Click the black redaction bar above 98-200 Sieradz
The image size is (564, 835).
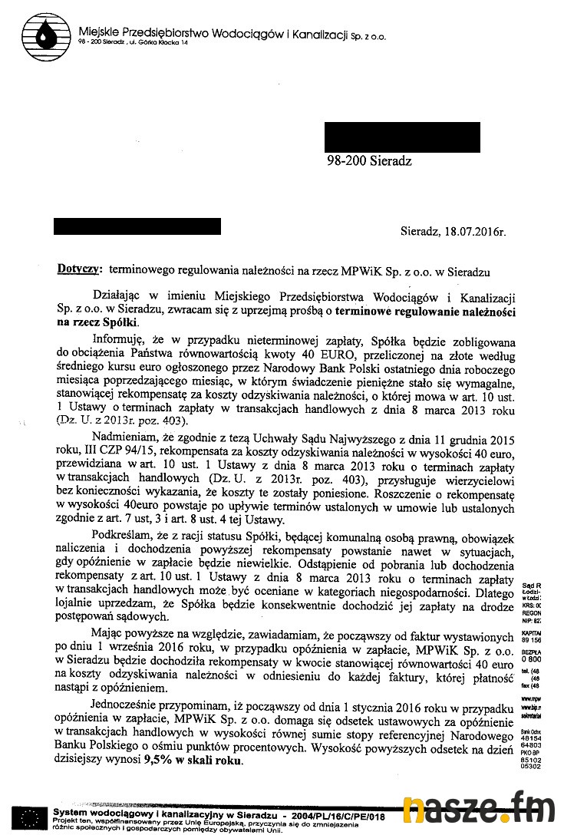coord(402,137)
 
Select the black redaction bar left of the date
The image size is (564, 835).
coord(137,226)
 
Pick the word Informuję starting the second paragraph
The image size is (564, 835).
coord(117,341)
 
